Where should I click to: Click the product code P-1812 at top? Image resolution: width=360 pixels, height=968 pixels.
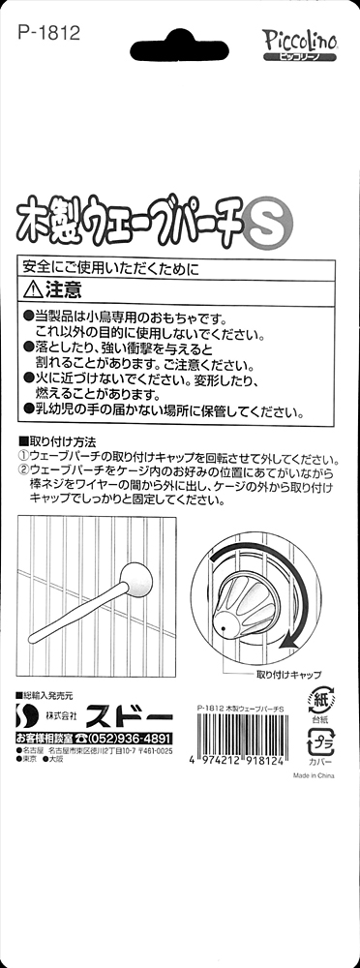pyautogui.click(x=49, y=32)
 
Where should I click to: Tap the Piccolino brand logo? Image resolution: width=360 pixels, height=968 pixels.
pyautogui.click(x=299, y=45)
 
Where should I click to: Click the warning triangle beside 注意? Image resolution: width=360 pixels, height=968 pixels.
pyautogui.click(x=32, y=288)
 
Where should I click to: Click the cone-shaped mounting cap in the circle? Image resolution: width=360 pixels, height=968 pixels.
pyautogui.click(x=244, y=596)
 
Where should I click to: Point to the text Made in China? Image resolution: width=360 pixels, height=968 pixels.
pyautogui.click(x=314, y=776)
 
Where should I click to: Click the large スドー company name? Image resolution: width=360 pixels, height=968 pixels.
pyautogui.click(x=130, y=716)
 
